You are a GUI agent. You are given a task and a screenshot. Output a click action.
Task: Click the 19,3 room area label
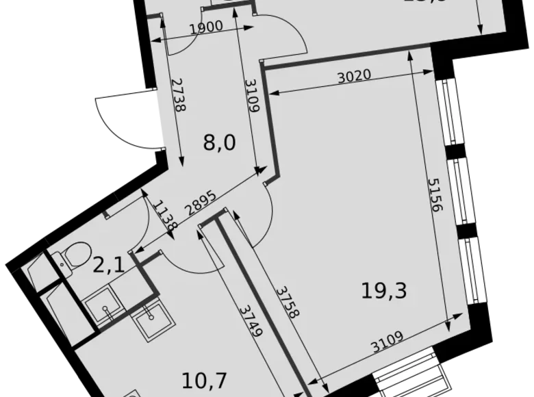click(383, 292)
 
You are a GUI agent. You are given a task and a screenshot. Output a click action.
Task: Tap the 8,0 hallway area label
click(219, 143)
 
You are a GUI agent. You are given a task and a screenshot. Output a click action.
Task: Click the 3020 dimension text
click(354, 76)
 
